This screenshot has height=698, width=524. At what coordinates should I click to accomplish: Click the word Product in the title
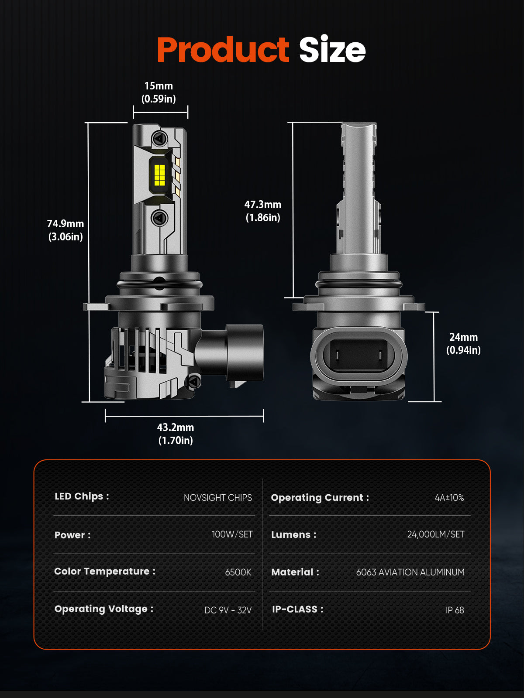tap(223, 50)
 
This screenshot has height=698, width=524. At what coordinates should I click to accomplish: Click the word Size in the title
tap(332, 50)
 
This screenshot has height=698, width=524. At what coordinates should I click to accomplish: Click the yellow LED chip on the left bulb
tap(160, 175)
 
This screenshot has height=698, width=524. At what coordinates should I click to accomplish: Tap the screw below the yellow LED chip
tap(159, 217)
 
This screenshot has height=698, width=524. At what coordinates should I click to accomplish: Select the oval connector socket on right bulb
tap(359, 353)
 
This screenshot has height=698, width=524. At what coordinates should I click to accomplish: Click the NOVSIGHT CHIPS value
tap(217, 498)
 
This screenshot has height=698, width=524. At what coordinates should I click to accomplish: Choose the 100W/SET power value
tap(232, 534)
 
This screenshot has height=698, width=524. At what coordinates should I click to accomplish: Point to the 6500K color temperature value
tap(238, 572)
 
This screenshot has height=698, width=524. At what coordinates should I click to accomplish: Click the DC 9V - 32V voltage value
tap(228, 610)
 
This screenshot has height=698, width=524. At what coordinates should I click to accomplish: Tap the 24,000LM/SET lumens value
tap(435, 534)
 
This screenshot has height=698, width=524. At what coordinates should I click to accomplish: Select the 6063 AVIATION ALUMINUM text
tap(410, 572)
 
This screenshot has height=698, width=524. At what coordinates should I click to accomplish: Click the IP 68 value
tap(455, 610)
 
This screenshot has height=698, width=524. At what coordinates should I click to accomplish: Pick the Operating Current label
tap(320, 498)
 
